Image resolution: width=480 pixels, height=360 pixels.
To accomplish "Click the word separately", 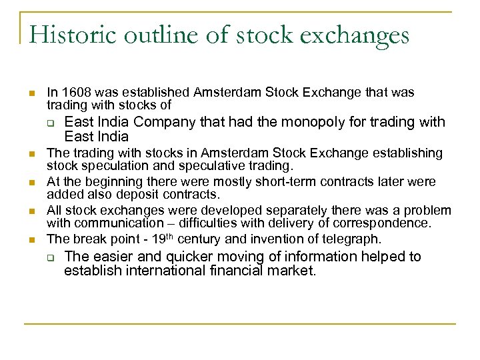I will point(251,210).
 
